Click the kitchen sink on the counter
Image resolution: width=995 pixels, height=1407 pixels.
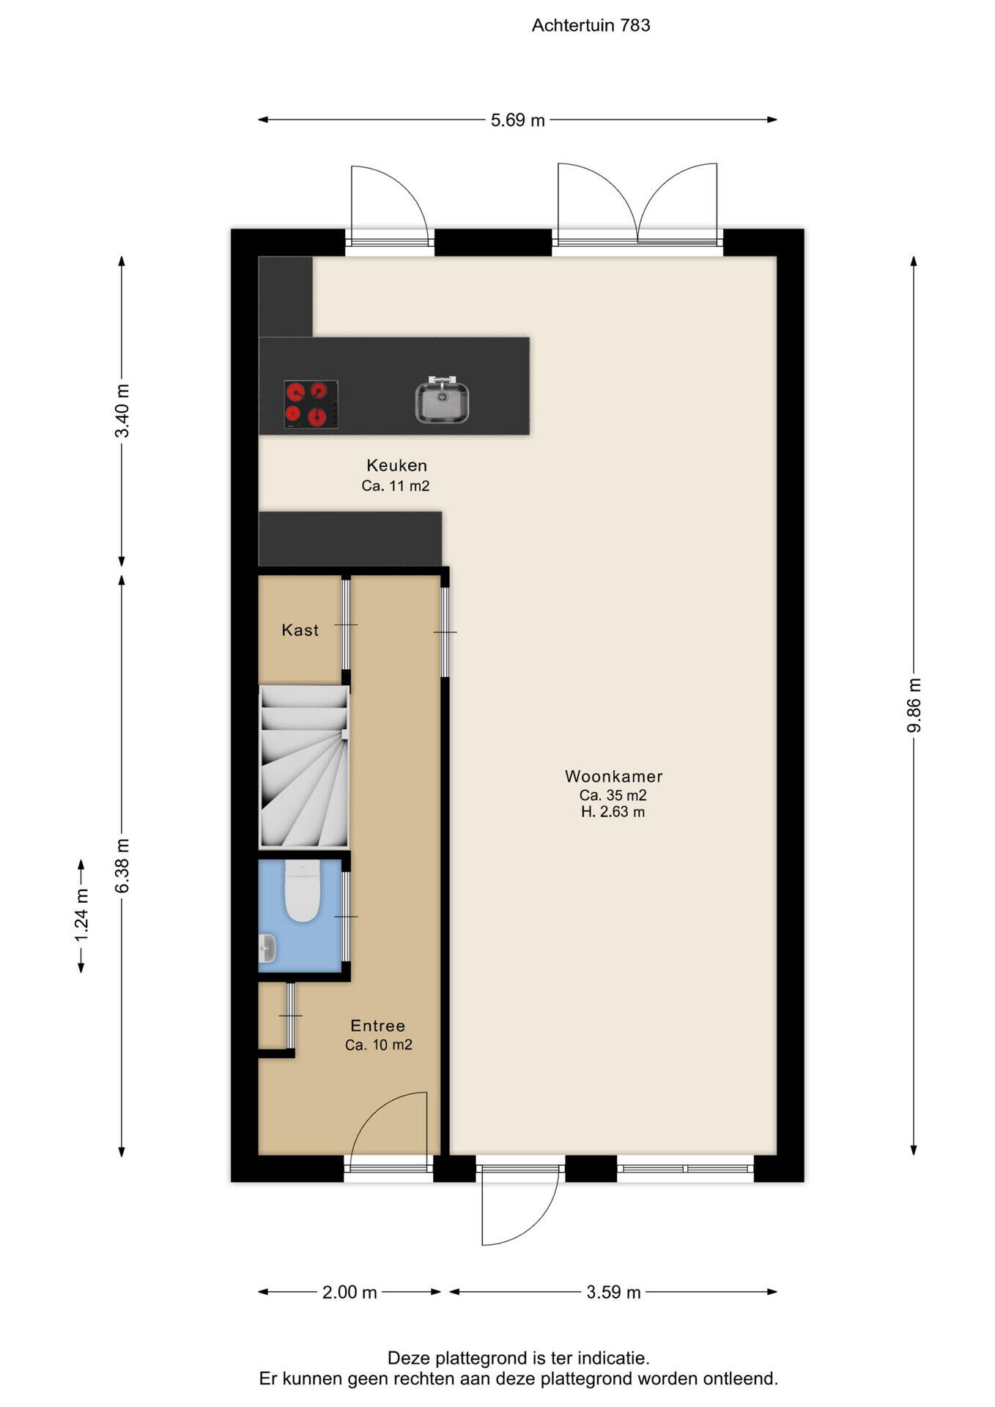pos(443,399)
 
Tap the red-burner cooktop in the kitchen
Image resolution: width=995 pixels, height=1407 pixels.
pos(311,405)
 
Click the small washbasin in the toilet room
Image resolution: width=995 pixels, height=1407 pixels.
pos(267,948)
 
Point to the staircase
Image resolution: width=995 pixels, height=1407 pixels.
pos(304,766)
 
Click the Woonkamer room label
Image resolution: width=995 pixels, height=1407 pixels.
pos(614,776)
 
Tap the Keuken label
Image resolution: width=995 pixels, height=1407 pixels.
pos(396,465)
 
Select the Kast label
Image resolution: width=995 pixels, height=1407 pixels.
pos(300,630)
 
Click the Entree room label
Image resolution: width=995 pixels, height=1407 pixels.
pos(378,1026)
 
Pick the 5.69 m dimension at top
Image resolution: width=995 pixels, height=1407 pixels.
pos(518,120)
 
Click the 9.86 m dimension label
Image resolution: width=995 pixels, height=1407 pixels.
pos(914,705)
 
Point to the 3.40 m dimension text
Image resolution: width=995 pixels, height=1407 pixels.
pos(122,410)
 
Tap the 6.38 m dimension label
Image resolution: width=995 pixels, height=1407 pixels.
pos(122,865)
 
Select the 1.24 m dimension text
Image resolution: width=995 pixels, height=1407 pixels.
pos(81,916)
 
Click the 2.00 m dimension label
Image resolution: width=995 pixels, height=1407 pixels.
pos(349,1292)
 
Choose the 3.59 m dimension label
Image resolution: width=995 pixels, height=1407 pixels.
pos(614,1292)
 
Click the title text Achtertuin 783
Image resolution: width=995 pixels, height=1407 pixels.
pos(591,25)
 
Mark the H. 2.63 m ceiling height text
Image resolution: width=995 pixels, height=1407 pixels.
pos(613,812)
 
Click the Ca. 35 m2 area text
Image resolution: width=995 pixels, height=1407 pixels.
pos(613,795)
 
